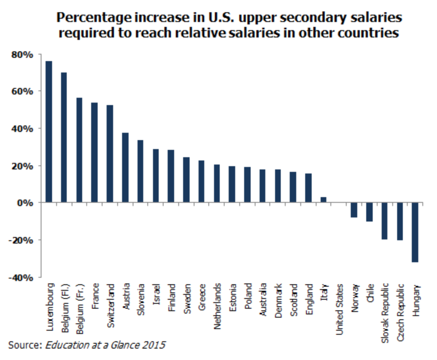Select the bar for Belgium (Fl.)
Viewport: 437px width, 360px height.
64,137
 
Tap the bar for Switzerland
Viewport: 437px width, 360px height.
110,154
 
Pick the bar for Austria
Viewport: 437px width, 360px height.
125,167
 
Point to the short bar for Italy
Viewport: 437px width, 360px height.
323,200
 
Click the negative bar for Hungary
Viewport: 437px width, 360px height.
415,232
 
